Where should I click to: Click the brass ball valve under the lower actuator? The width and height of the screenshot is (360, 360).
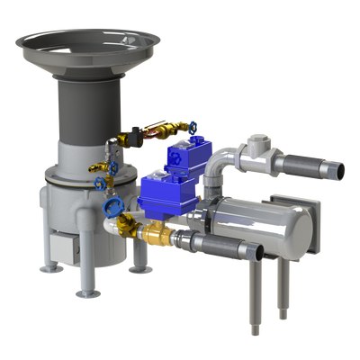[x=157, y=236]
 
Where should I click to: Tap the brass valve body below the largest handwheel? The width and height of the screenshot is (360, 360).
[x=115, y=224]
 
